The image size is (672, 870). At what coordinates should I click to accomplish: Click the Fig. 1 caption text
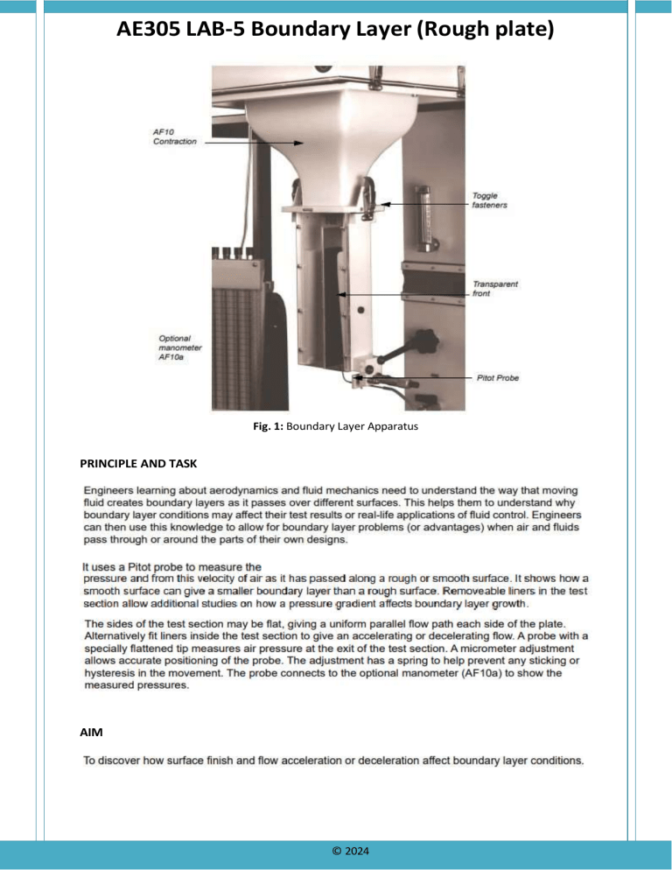pos(335,430)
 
